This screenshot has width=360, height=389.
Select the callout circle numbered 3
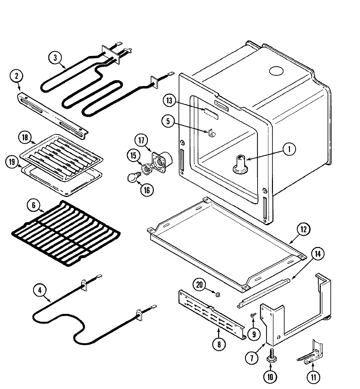pos(55,58)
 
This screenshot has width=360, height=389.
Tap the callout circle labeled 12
pos(303,229)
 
